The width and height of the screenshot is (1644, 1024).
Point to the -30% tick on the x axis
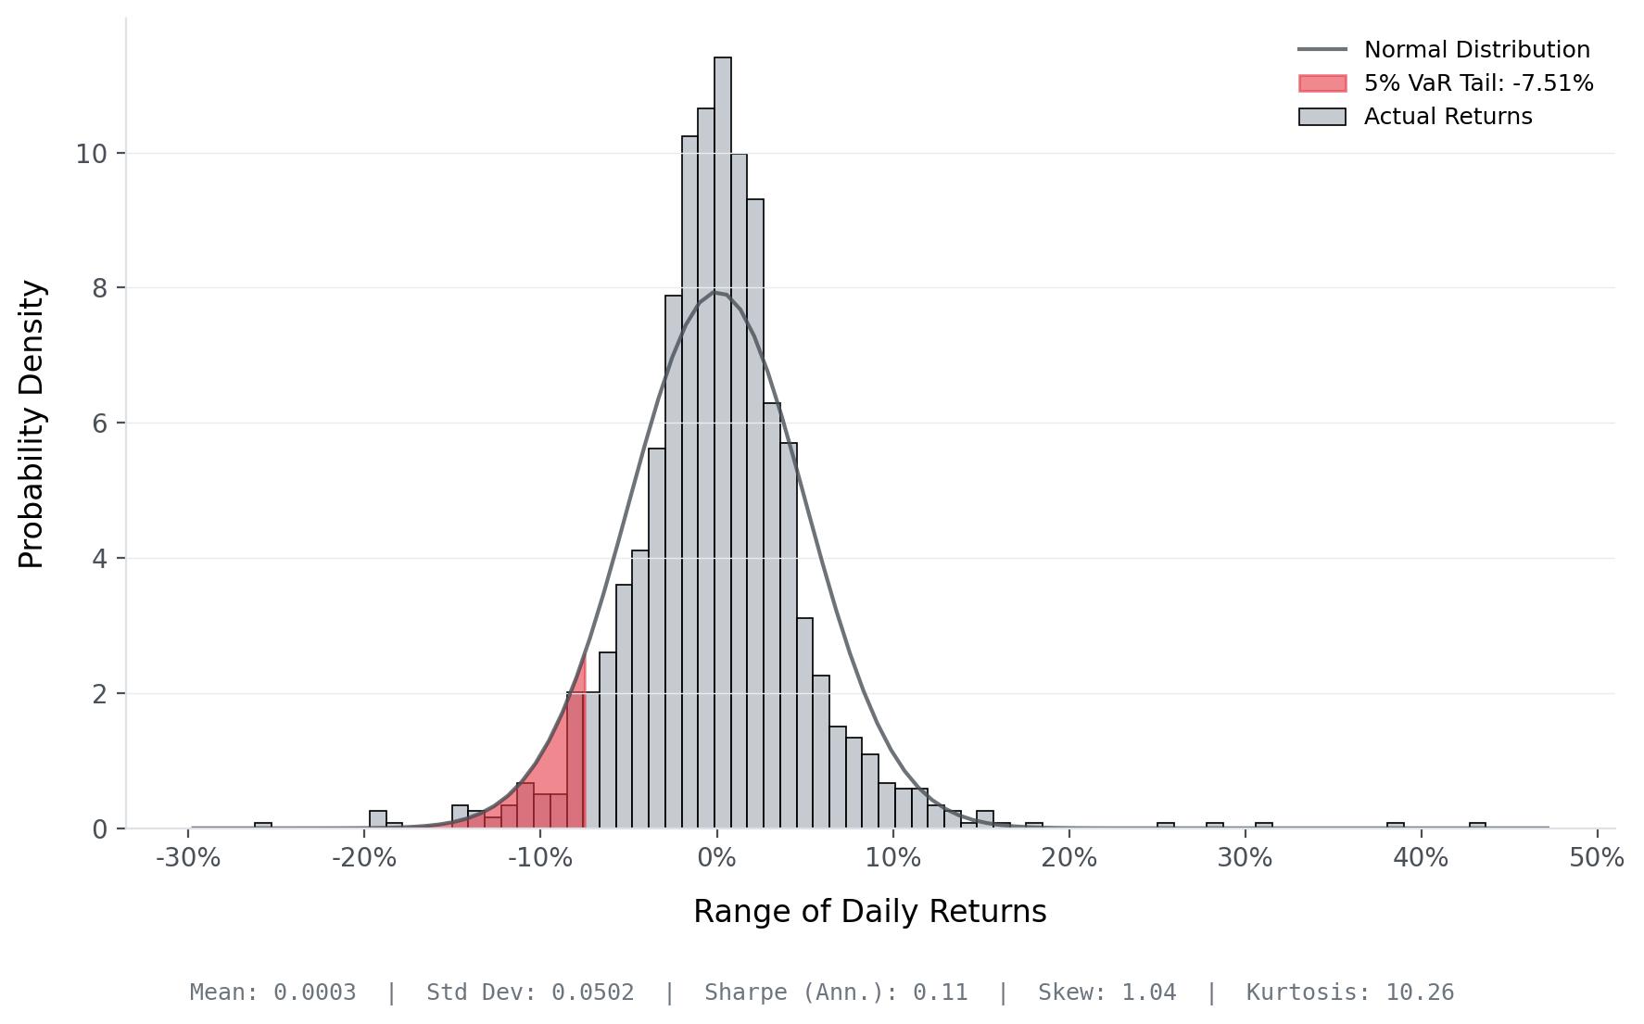click(188, 858)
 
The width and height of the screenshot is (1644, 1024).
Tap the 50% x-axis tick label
click(1597, 858)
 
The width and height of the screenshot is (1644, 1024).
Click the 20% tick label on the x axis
click(1069, 858)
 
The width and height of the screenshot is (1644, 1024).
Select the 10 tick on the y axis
click(92, 154)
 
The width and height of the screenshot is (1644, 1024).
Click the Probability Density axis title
click(32, 424)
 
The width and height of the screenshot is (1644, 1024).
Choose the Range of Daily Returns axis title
click(869, 912)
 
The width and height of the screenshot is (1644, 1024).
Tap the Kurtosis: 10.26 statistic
click(1349, 992)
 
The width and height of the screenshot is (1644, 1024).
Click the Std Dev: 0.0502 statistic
click(530, 992)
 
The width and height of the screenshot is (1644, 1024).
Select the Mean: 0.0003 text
click(272, 992)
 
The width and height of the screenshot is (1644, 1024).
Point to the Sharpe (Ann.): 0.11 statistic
click(836, 992)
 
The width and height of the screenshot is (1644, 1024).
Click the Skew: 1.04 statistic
click(1107, 992)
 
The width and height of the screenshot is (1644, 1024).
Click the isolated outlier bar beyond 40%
click(1477, 825)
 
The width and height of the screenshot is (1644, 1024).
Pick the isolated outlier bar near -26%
click(263, 825)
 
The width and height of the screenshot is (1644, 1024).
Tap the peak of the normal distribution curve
click(716, 293)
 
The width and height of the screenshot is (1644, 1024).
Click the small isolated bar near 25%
click(1166, 825)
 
